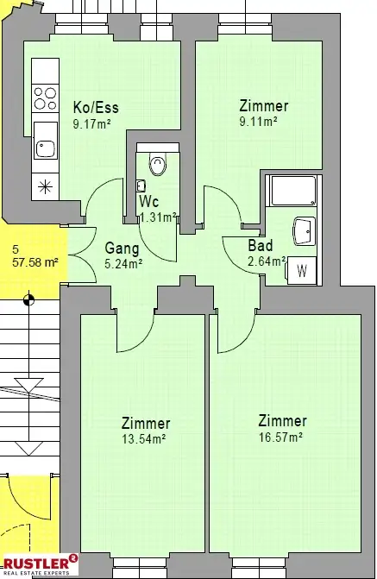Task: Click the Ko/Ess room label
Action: [96, 108]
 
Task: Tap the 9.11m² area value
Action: [258, 121]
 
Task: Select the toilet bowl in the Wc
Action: [158, 164]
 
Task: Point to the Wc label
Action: [149, 202]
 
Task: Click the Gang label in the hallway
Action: [122, 249]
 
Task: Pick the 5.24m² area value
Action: [123, 264]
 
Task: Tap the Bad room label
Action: [261, 246]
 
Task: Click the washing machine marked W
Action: [301, 271]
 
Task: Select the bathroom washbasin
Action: [305, 231]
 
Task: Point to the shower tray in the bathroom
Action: [293, 191]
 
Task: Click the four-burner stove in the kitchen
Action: [45, 98]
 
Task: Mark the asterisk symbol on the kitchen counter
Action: [45, 187]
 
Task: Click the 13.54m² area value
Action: [143, 439]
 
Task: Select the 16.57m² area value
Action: [280, 437]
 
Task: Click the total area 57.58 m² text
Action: [35, 262]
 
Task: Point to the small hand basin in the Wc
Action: [141, 186]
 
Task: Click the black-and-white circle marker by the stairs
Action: [28, 300]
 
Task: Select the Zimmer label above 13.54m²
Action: [146, 424]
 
